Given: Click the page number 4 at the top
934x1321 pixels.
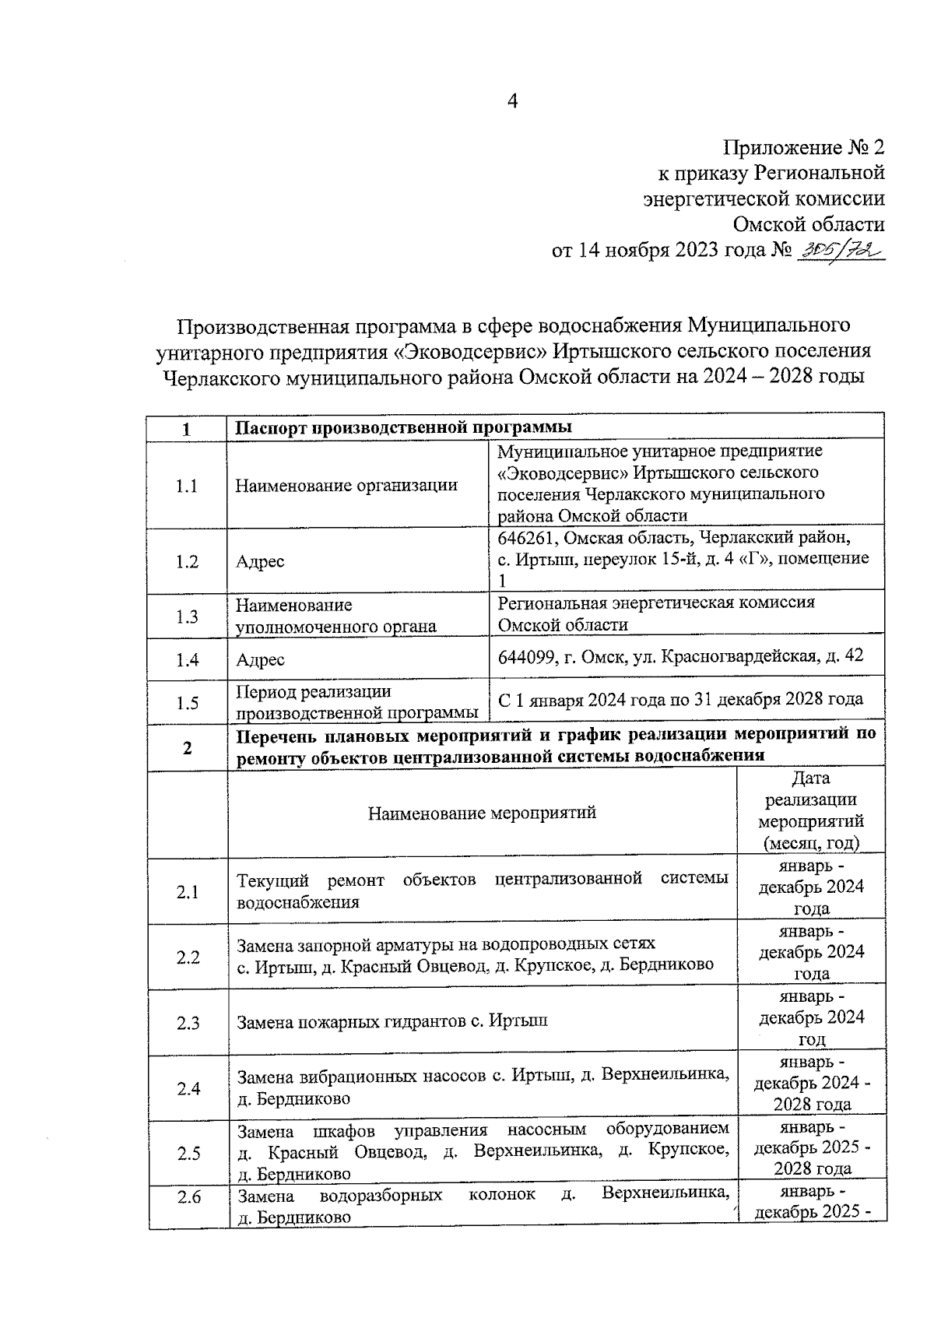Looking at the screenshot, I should pyautogui.click(x=512, y=101).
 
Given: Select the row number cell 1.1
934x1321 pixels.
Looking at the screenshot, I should pyautogui.click(x=187, y=486).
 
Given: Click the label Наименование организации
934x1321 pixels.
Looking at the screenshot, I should pyautogui.click(x=346, y=486).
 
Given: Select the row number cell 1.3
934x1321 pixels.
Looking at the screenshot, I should pyautogui.click(x=187, y=616).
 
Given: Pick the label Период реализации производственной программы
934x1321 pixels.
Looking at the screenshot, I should pyautogui.click(x=357, y=701).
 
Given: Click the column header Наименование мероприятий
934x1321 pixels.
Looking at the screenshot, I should pyautogui.click(x=482, y=813).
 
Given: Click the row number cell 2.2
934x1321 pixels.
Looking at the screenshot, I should pyautogui.click(x=188, y=957).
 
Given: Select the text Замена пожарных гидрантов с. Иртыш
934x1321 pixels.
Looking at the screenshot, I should pyautogui.click(x=392, y=1021).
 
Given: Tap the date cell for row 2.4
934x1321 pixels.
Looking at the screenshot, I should pyautogui.click(x=812, y=1083).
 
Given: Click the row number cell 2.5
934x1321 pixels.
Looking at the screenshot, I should pyautogui.click(x=188, y=1154).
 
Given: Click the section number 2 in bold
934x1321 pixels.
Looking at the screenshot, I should pyautogui.click(x=187, y=747).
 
